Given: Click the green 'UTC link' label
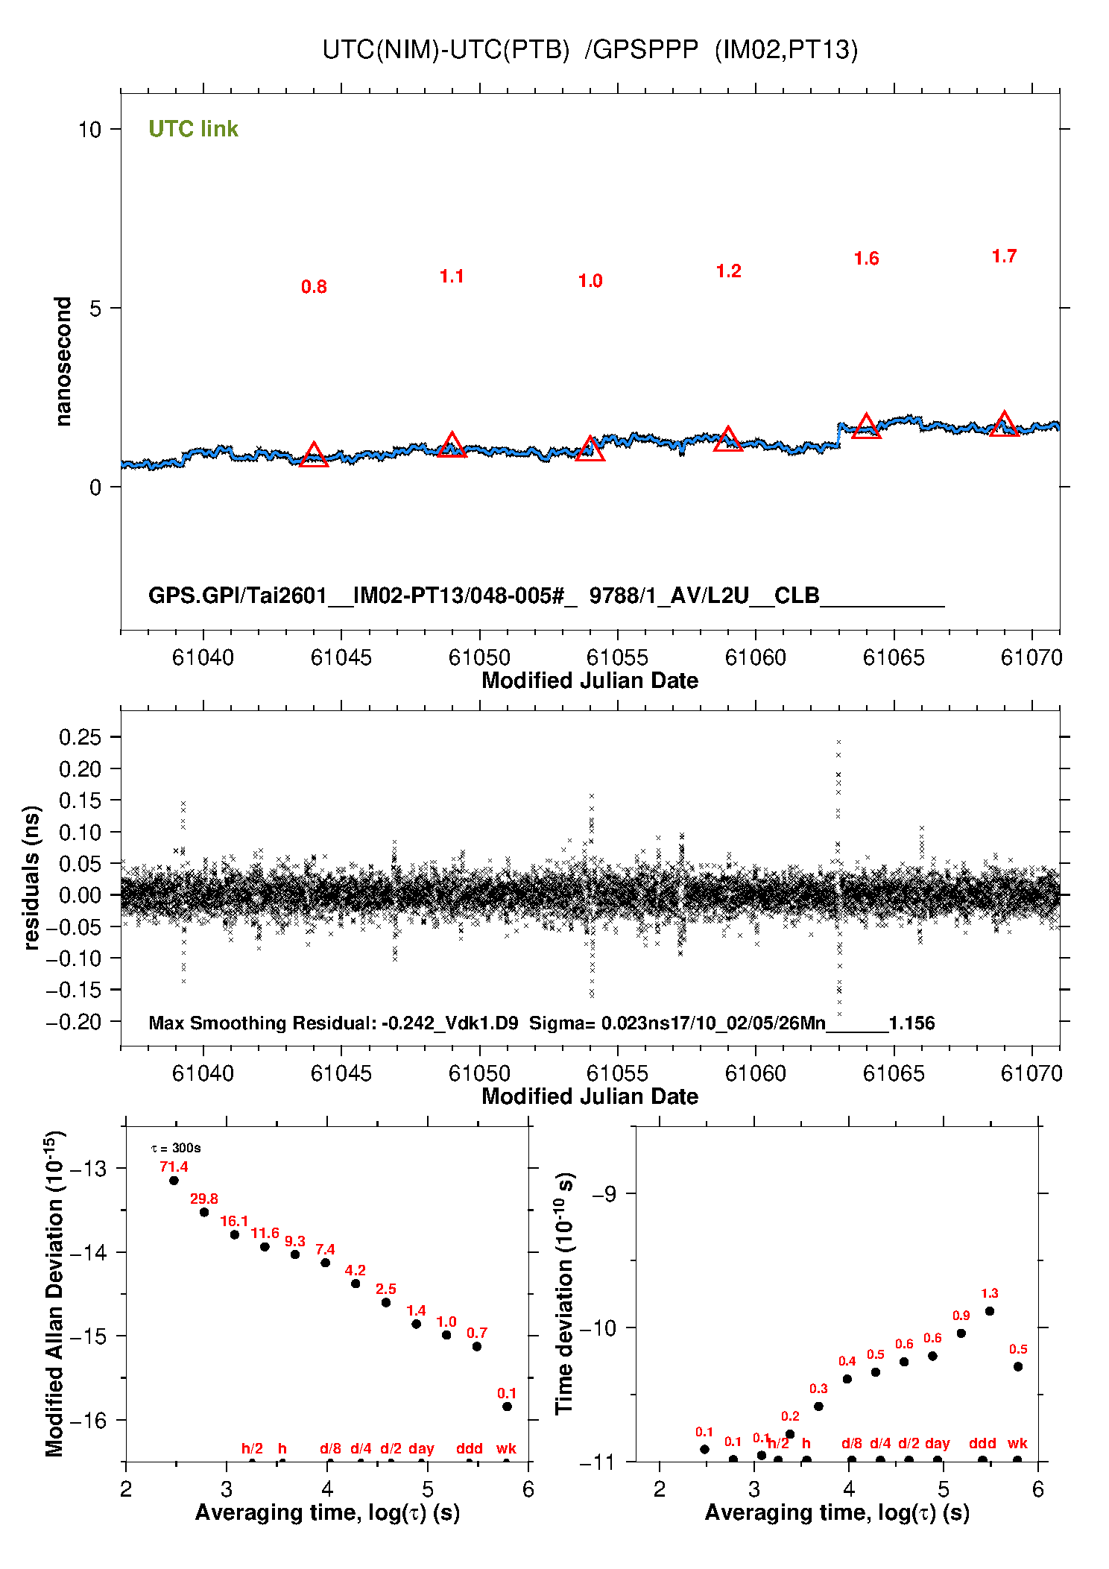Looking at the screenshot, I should [x=193, y=129].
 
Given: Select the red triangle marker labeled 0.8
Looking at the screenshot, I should [x=314, y=455].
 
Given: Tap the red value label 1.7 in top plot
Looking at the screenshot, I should [x=1004, y=256].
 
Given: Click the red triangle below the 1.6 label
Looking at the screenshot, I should [x=866, y=427].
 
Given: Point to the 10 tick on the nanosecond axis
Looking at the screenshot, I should [x=89, y=130].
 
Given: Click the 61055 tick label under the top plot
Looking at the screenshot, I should [x=617, y=657].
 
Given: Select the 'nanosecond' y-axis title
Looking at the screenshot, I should [x=63, y=362].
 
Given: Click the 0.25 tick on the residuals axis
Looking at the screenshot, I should [x=80, y=737].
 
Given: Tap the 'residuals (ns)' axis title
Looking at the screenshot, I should [x=31, y=877].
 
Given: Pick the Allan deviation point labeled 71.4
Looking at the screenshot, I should [x=174, y=1180].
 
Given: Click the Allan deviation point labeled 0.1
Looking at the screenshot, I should [x=507, y=1407].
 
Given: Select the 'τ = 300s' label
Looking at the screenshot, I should [x=176, y=1148].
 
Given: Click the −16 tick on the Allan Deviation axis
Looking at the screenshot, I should [x=87, y=1421].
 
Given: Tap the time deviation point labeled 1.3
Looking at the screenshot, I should [x=989, y=1311].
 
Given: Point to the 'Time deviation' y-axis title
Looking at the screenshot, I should [x=564, y=1293].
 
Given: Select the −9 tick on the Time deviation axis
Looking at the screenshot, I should [x=604, y=1193].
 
